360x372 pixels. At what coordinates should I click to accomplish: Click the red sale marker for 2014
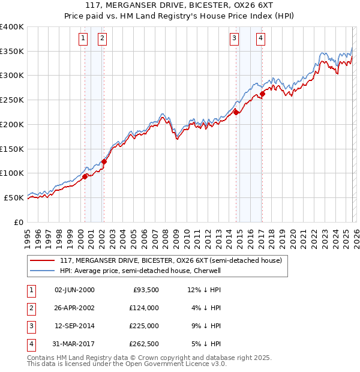point(236,112)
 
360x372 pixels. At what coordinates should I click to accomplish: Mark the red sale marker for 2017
point(263,94)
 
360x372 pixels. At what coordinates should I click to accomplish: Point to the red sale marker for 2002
point(104,161)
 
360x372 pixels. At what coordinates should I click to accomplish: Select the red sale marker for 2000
point(85,176)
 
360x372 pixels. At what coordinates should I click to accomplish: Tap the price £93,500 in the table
point(146,290)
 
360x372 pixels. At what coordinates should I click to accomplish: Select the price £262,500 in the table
point(144,344)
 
